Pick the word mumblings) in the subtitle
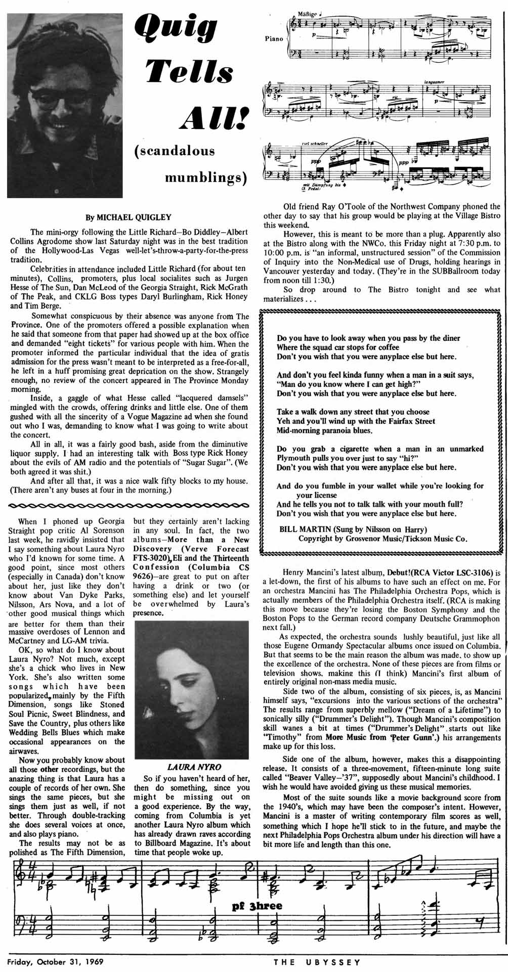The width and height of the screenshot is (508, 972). click(x=207, y=178)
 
